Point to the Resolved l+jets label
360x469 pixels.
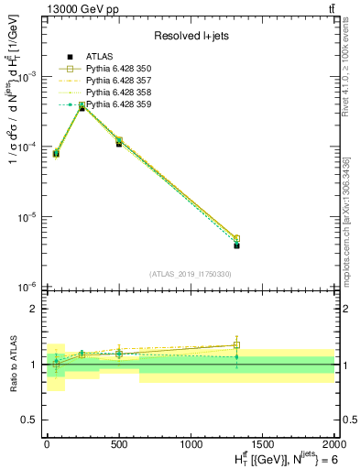point(191,36)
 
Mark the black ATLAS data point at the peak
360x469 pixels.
point(82,107)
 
